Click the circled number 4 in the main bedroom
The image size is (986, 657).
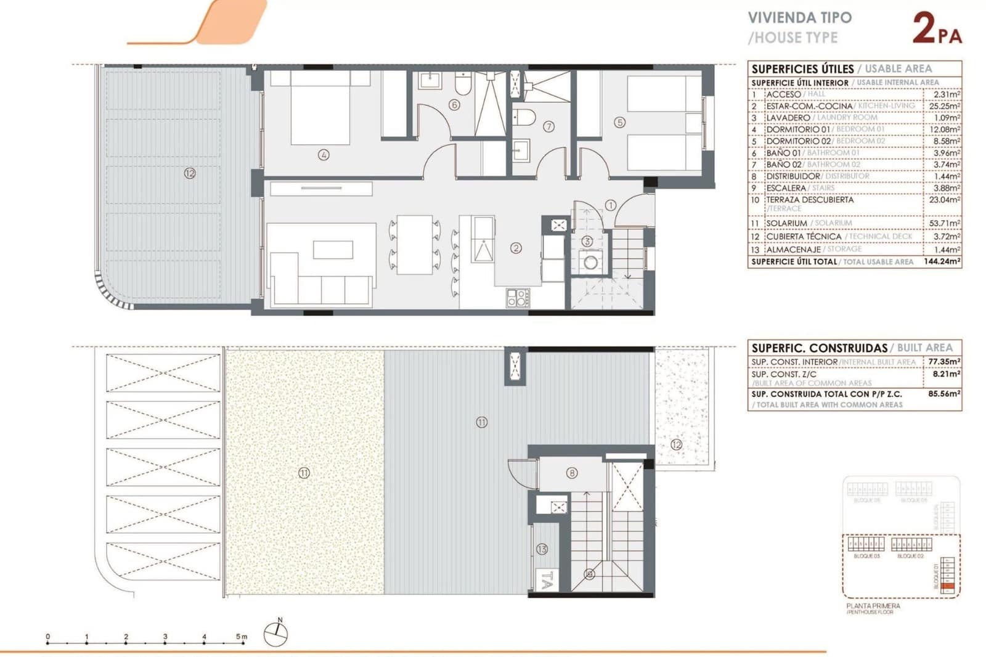point(324,155)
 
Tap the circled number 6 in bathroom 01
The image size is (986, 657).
point(454,105)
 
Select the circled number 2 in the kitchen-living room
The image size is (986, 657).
point(516,248)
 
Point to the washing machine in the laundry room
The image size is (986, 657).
point(590,263)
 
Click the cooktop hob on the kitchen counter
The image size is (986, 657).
point(518,298)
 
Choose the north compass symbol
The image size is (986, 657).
point(275,634)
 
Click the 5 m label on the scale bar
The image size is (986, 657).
point(241,637)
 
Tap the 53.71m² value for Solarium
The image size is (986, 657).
point(943,223)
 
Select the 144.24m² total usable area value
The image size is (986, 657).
point(942,261)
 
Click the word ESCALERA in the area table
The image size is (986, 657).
point(786,188)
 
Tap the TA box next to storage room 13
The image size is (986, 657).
point(546,580)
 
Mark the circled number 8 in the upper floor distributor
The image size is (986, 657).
point(572,473)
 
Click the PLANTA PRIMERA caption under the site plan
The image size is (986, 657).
point(873,606)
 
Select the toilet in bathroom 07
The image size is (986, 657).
point(524,116)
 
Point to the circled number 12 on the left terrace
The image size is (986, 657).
point(189,173)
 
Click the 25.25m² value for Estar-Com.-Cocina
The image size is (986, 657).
point(944,106)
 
